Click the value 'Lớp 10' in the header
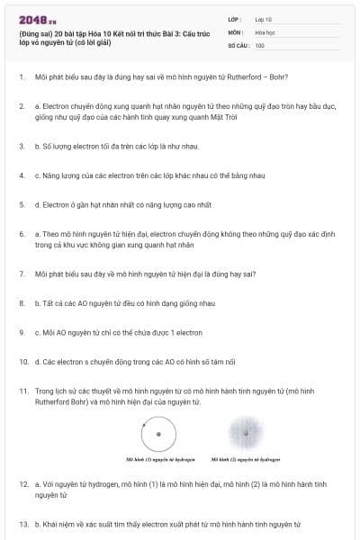click(x=264, y=19)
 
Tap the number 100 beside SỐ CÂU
click(x=260, y=44)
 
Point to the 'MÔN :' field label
click(x=236, y=31)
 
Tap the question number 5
click(x=22, y=204)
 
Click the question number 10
click(x=23, y=361)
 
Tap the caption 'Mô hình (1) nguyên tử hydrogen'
click(x=160, y=458)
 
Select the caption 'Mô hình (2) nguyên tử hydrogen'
click(x=246, y=458)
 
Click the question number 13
click(x=23, y=523)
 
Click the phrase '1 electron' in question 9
click(x=184, y=332)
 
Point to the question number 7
click(x=22, y=273)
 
